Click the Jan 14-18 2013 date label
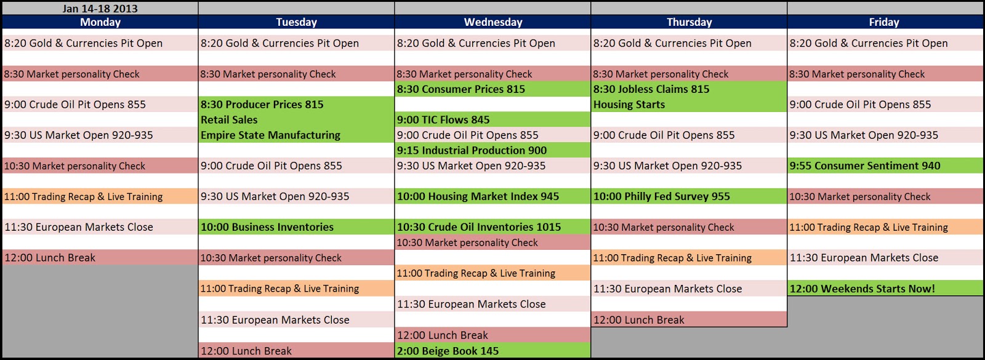click(100, 9)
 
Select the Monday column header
click(100, 22)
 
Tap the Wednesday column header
click(493, 22)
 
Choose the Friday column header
click(884, 22)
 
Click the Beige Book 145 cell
click(492, 350)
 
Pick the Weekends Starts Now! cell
click(885, 289)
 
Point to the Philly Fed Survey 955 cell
click(689, 196)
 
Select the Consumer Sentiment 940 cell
click(885, 166)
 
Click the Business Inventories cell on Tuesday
click(296, 227)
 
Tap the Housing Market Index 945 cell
click(492, 196)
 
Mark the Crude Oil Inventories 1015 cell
click(492, 227)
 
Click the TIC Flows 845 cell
click(492, 119)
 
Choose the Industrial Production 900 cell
click(492, 150)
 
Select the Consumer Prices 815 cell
click(492, 89)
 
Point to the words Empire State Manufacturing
click(270, 135)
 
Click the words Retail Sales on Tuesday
click(229, 119)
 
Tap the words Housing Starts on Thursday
click(629, 105)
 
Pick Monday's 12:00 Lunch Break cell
click(100, 258)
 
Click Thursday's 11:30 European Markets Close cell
click(689, 289)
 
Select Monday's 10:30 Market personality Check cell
click(100, 166)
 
